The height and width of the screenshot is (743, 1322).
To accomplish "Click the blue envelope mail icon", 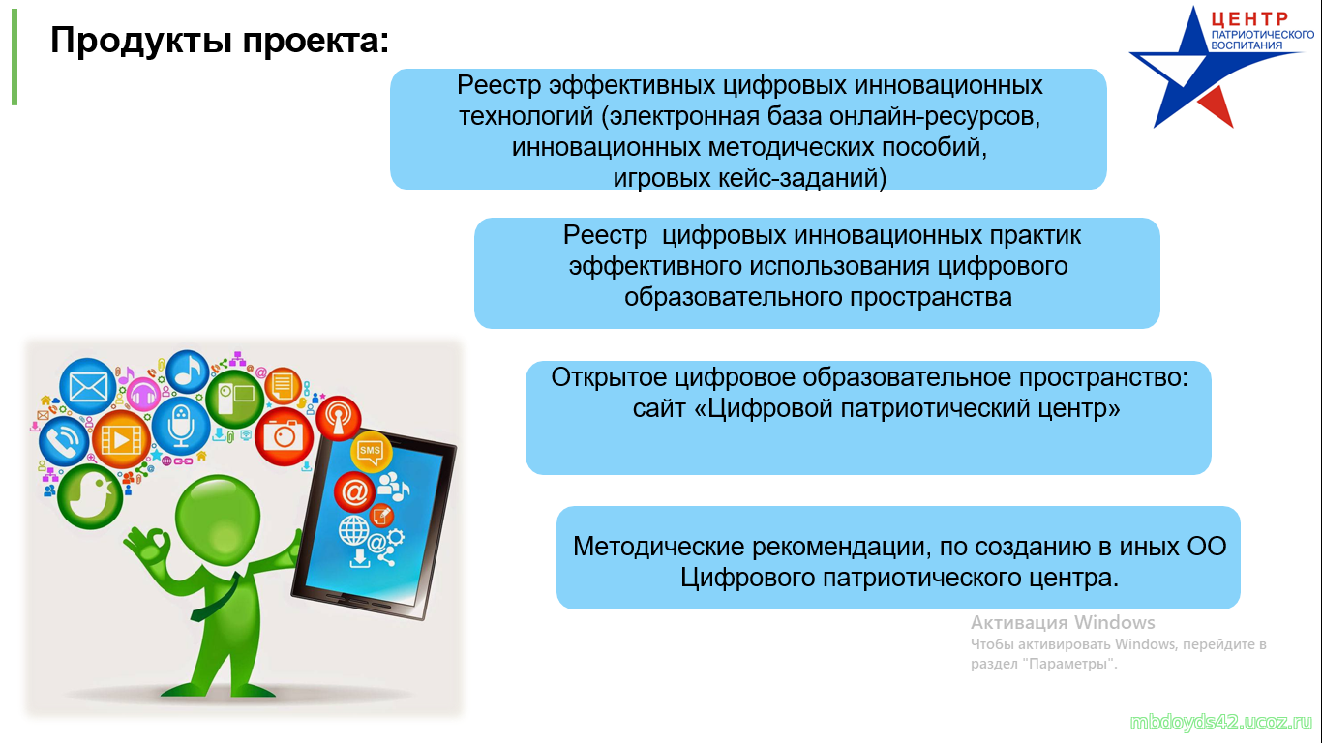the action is tap(88, 387).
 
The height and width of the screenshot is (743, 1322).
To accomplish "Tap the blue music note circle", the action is tap(188, 371).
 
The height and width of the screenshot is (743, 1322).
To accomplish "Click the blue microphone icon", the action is tap(181, 425).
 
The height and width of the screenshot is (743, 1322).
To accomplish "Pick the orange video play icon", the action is tap(122, 439).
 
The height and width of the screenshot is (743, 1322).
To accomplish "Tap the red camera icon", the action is tap(284, 436).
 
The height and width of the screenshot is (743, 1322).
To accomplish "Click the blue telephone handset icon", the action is tap(64, 441).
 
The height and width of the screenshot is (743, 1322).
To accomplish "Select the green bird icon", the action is tap(90, 495).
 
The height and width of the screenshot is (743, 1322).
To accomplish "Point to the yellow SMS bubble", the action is tap(371, 451).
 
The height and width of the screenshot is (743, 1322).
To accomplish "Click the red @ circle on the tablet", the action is tap(355, 491).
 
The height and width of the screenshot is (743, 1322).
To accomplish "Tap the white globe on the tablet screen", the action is tap(353, 530).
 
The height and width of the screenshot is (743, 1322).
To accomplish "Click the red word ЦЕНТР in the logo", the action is tap(1249, 19).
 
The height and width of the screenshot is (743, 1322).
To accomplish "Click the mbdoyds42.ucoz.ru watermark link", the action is tap(1220, 723).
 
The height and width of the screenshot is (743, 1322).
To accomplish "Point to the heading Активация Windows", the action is tap(1063, 623).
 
